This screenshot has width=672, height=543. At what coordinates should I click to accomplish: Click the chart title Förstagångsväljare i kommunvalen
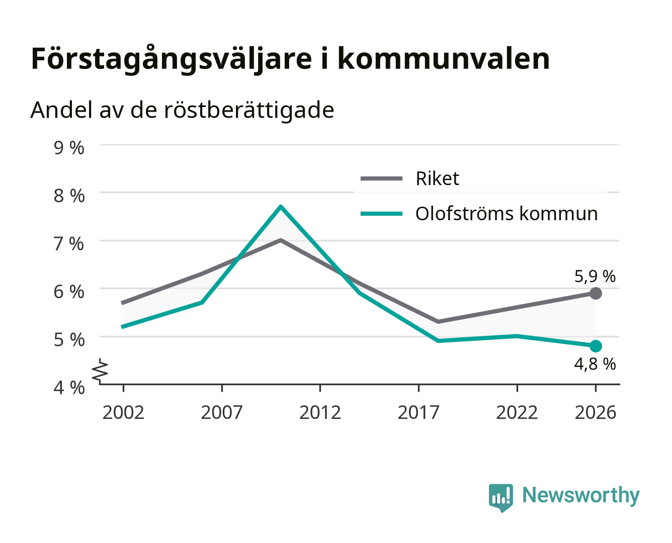[290, 59]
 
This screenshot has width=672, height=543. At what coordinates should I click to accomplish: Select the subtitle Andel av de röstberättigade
[182, 111]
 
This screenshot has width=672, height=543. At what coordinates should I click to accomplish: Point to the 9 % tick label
[69, 148]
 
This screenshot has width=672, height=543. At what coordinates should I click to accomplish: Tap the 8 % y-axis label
[69, 196]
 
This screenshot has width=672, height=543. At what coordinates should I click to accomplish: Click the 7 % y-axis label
[69, 244]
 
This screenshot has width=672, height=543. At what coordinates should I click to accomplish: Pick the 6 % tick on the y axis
[69, 292]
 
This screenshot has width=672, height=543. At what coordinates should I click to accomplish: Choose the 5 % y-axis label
[69, 340]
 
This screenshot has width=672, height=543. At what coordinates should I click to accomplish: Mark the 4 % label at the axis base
[69, 388]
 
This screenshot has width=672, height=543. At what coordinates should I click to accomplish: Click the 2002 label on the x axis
[123, 412]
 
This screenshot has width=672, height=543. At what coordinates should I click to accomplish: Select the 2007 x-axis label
[222, 412]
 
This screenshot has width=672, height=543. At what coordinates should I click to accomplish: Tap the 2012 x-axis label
[320, 412]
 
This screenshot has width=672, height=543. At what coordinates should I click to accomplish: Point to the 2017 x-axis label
[418, 412]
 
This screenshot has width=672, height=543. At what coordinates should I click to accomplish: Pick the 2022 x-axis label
[517, 412]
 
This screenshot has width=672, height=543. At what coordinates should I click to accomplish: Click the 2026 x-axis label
[596, 412]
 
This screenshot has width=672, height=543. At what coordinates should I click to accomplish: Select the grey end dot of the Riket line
[596, 293]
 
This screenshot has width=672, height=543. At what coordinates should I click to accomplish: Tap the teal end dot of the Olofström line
[596, 346]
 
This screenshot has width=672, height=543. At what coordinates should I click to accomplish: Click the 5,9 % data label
[595, 277]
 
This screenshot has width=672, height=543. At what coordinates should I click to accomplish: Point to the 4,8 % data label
[595, 364]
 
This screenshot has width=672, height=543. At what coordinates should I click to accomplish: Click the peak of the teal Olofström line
[281, 207]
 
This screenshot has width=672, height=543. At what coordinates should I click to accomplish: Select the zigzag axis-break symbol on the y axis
[100, 372]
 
